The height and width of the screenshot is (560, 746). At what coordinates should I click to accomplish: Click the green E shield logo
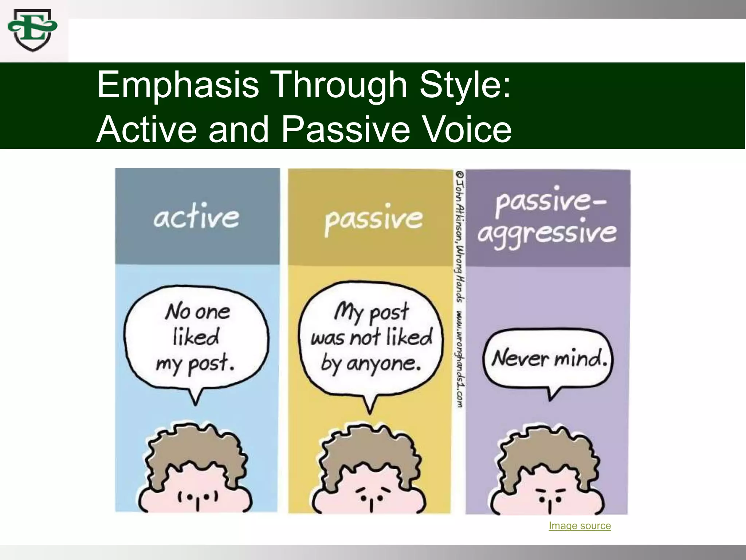tap(32, 31)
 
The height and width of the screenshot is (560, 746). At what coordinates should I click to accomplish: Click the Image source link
tap(580, 526)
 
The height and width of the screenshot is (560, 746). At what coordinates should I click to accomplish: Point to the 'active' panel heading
tap(196, 218)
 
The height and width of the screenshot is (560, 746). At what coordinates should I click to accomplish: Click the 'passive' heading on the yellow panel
tap(374, 219)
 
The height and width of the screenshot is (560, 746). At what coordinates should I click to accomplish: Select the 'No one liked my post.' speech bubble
tap(197, 337)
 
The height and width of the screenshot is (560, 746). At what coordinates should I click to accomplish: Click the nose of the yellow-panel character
tap(371, 505)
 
